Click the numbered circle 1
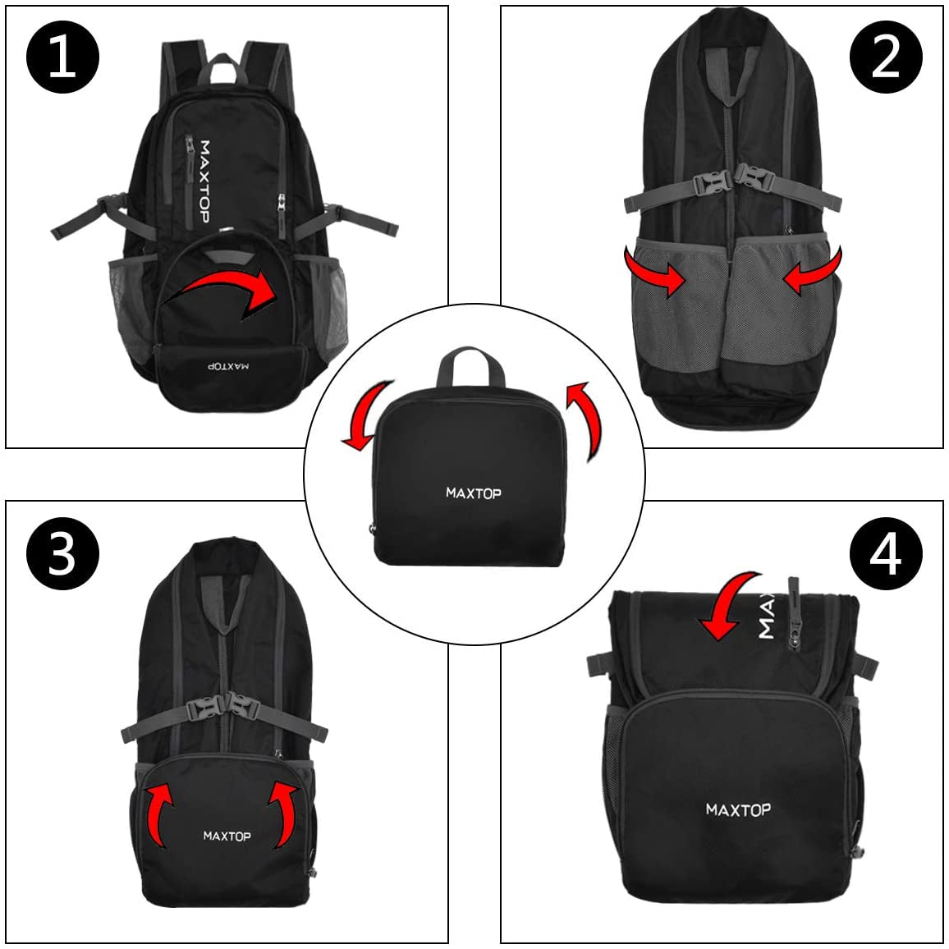point(62,57)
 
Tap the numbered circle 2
point(886,57)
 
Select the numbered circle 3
point(62,554)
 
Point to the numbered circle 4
point(886,554)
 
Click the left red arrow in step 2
point(653,271)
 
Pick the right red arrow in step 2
point(813,271)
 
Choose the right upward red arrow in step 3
point(286,812)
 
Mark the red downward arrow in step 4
point(727,603)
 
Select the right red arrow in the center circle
point(586,420)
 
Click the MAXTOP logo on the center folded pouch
point(474,493)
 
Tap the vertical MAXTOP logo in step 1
point(204,181)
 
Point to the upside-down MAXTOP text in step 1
point(228,366)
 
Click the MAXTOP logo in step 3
point(227,836)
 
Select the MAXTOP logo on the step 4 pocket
point(738,809)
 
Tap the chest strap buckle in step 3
point(222,706)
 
